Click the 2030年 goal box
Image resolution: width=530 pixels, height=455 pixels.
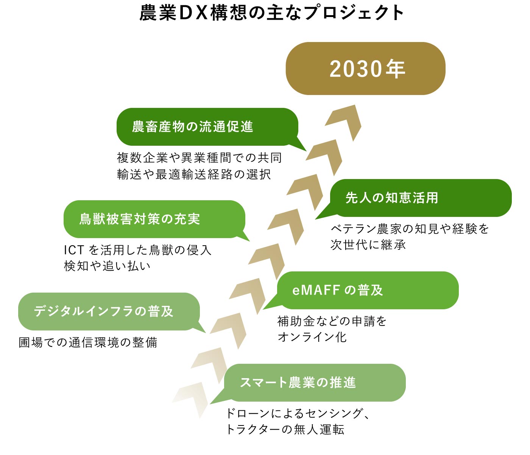tap(365, 69)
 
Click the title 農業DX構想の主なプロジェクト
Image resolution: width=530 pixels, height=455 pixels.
tap(272, 12)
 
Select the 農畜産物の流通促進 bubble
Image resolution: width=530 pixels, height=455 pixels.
tap(207, 127)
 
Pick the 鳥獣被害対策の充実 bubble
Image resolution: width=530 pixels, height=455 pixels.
tap(154, 219)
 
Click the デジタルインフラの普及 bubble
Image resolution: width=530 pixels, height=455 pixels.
tap(109, 312)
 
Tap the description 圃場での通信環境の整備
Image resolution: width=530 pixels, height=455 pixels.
tap(88, 343)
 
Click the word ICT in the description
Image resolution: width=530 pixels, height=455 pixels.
tap(74, 250)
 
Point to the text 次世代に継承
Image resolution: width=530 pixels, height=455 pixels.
tap(368, 245)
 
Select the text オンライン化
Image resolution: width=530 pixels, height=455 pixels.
tap(312, 337)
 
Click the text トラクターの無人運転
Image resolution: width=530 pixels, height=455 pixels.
tap(285, 430)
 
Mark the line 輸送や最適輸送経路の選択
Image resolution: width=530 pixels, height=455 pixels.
tap(194, 174)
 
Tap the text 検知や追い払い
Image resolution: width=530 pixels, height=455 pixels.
tap(107, 266)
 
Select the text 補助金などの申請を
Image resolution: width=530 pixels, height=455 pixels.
tap(332, 321)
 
